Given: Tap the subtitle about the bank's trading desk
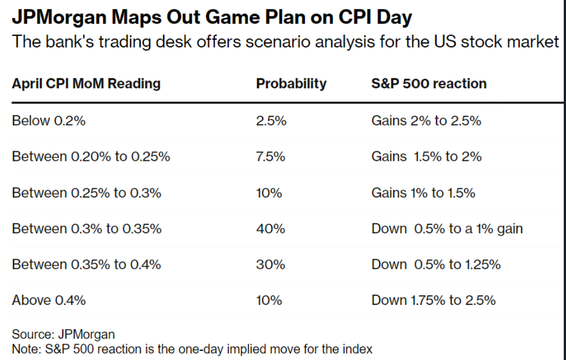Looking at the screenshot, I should tap(285, 42).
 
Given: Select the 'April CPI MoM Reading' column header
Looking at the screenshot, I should tap(86, 84).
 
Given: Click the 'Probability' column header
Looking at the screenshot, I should tap(291, 84).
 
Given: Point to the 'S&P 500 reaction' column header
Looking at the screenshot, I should tap(429, 84).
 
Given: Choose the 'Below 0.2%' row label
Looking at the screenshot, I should tap(48, 120).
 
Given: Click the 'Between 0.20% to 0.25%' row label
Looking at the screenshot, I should tap(91, 156).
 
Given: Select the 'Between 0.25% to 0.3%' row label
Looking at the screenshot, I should tap(86, 192).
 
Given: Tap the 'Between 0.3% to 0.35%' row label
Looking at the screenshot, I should tap(87, 228).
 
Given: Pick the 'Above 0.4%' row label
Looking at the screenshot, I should tap(48, 300).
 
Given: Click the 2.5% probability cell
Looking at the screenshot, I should tap(271, 120).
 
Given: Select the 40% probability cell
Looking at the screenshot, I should tap(270, 228).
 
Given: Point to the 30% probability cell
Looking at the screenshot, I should tap(270, 264).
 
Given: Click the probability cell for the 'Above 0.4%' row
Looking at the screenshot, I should tap(268, 300).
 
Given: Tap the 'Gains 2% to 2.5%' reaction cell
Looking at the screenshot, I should tap(426, 120).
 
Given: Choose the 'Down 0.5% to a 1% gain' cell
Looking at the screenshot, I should tap(447, 228).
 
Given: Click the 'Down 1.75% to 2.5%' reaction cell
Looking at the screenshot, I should tap(433, 300).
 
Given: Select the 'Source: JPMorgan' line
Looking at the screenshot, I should tap(63, 335).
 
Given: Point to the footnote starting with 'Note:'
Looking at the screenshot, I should tap(192, 349).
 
